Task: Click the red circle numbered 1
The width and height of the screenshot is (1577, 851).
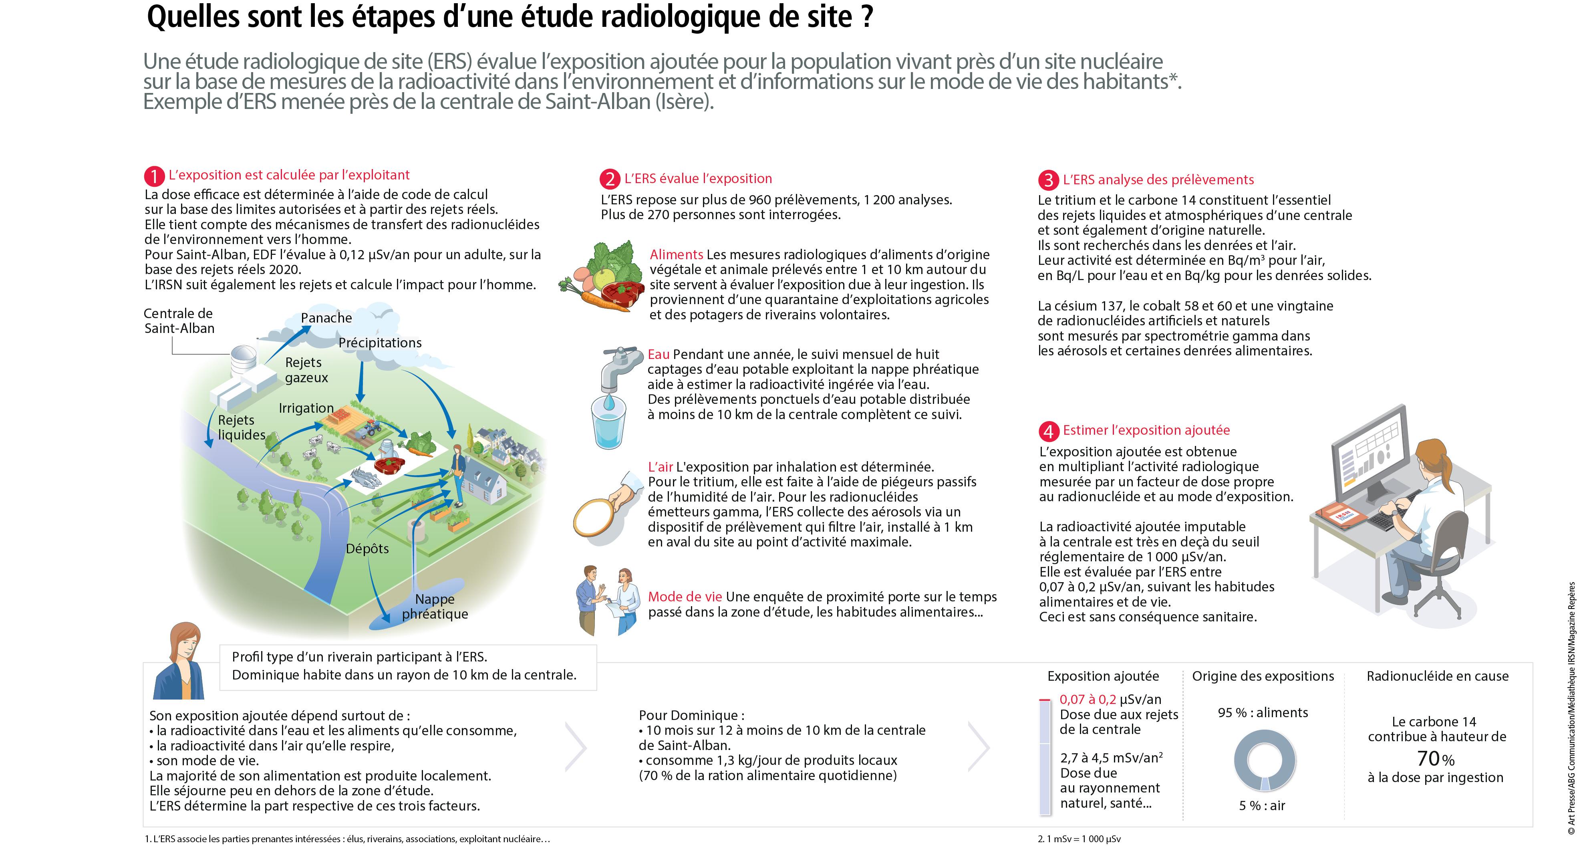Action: click(154, 176)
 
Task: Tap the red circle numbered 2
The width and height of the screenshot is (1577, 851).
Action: click(609, 179)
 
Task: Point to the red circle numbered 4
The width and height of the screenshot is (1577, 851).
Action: click(1049, 431)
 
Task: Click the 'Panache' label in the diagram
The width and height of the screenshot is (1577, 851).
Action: click(326, 318)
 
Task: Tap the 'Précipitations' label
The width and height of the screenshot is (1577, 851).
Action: click(380, 343)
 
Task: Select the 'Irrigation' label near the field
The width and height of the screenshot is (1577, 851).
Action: click(306, 408)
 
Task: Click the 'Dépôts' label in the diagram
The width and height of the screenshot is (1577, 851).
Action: click(367, 549)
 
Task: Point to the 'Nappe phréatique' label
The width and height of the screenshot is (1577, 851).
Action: click(435, 606)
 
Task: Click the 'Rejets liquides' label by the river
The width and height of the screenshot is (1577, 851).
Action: click(241, 428)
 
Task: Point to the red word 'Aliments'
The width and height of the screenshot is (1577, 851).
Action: click(676, 255)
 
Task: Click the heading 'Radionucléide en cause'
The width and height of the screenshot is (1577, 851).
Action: click(1437, 676)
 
